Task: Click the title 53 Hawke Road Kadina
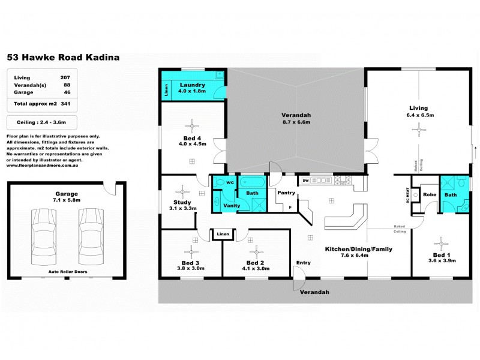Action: coord(63,58)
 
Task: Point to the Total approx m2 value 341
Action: coord(65,104)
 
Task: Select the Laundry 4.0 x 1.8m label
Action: coord(193,88)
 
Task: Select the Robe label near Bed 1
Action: coord(429,194)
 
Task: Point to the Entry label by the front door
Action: coord(304,263)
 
